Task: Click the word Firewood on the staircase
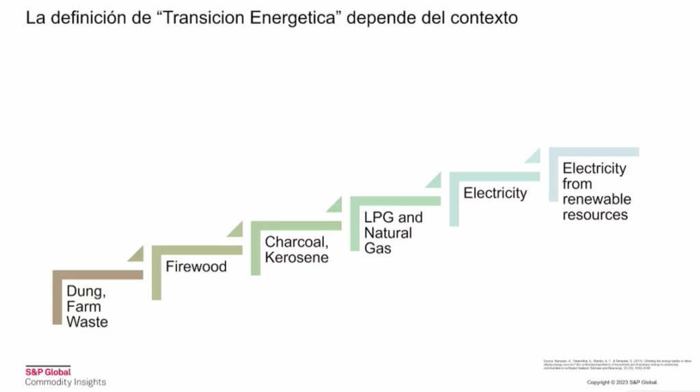196,267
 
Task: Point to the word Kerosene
297,257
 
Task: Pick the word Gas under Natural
377,248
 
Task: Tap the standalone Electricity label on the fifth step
495,193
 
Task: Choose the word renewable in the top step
597,199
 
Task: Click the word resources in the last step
595,215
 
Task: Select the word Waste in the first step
87,322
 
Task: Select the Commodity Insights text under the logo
66,382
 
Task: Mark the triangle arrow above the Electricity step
533,156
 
